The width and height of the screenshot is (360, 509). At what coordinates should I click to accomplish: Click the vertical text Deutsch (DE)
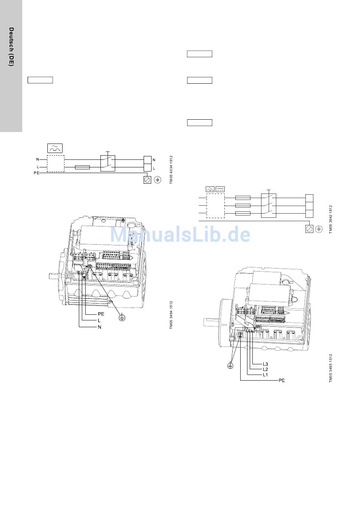pos(11,47)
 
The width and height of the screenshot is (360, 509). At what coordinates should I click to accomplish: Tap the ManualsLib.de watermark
pos(180,234)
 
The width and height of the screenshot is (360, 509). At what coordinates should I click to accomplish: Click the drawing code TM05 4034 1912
pos(171,170)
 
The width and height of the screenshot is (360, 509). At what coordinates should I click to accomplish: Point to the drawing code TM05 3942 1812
pos(330,219)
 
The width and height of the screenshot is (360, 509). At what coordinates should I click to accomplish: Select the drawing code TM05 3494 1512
pos(171,315)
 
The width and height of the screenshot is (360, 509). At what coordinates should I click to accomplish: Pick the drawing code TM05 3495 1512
pos(330,368)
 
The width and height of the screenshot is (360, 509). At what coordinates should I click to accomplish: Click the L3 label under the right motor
pos(265,364)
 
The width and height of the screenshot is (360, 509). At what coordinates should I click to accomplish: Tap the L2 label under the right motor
pos(265,369)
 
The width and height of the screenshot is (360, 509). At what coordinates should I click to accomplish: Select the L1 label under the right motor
pos(265,375)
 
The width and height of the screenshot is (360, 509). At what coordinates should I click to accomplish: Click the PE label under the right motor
pos(282,380)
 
